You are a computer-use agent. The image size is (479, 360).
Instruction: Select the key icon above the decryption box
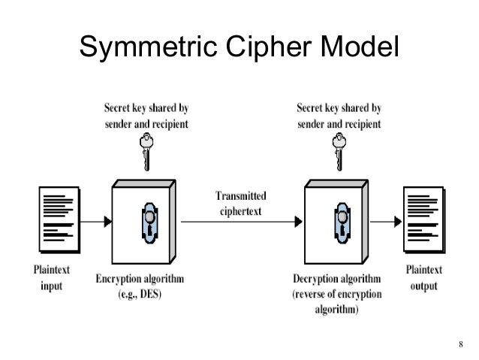tap(338, 151)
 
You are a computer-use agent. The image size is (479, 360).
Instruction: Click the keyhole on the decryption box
tap(339, 222)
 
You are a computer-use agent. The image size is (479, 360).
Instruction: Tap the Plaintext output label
tap(424, 277)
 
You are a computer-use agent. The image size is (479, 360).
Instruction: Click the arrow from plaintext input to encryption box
tap(94, 222)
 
